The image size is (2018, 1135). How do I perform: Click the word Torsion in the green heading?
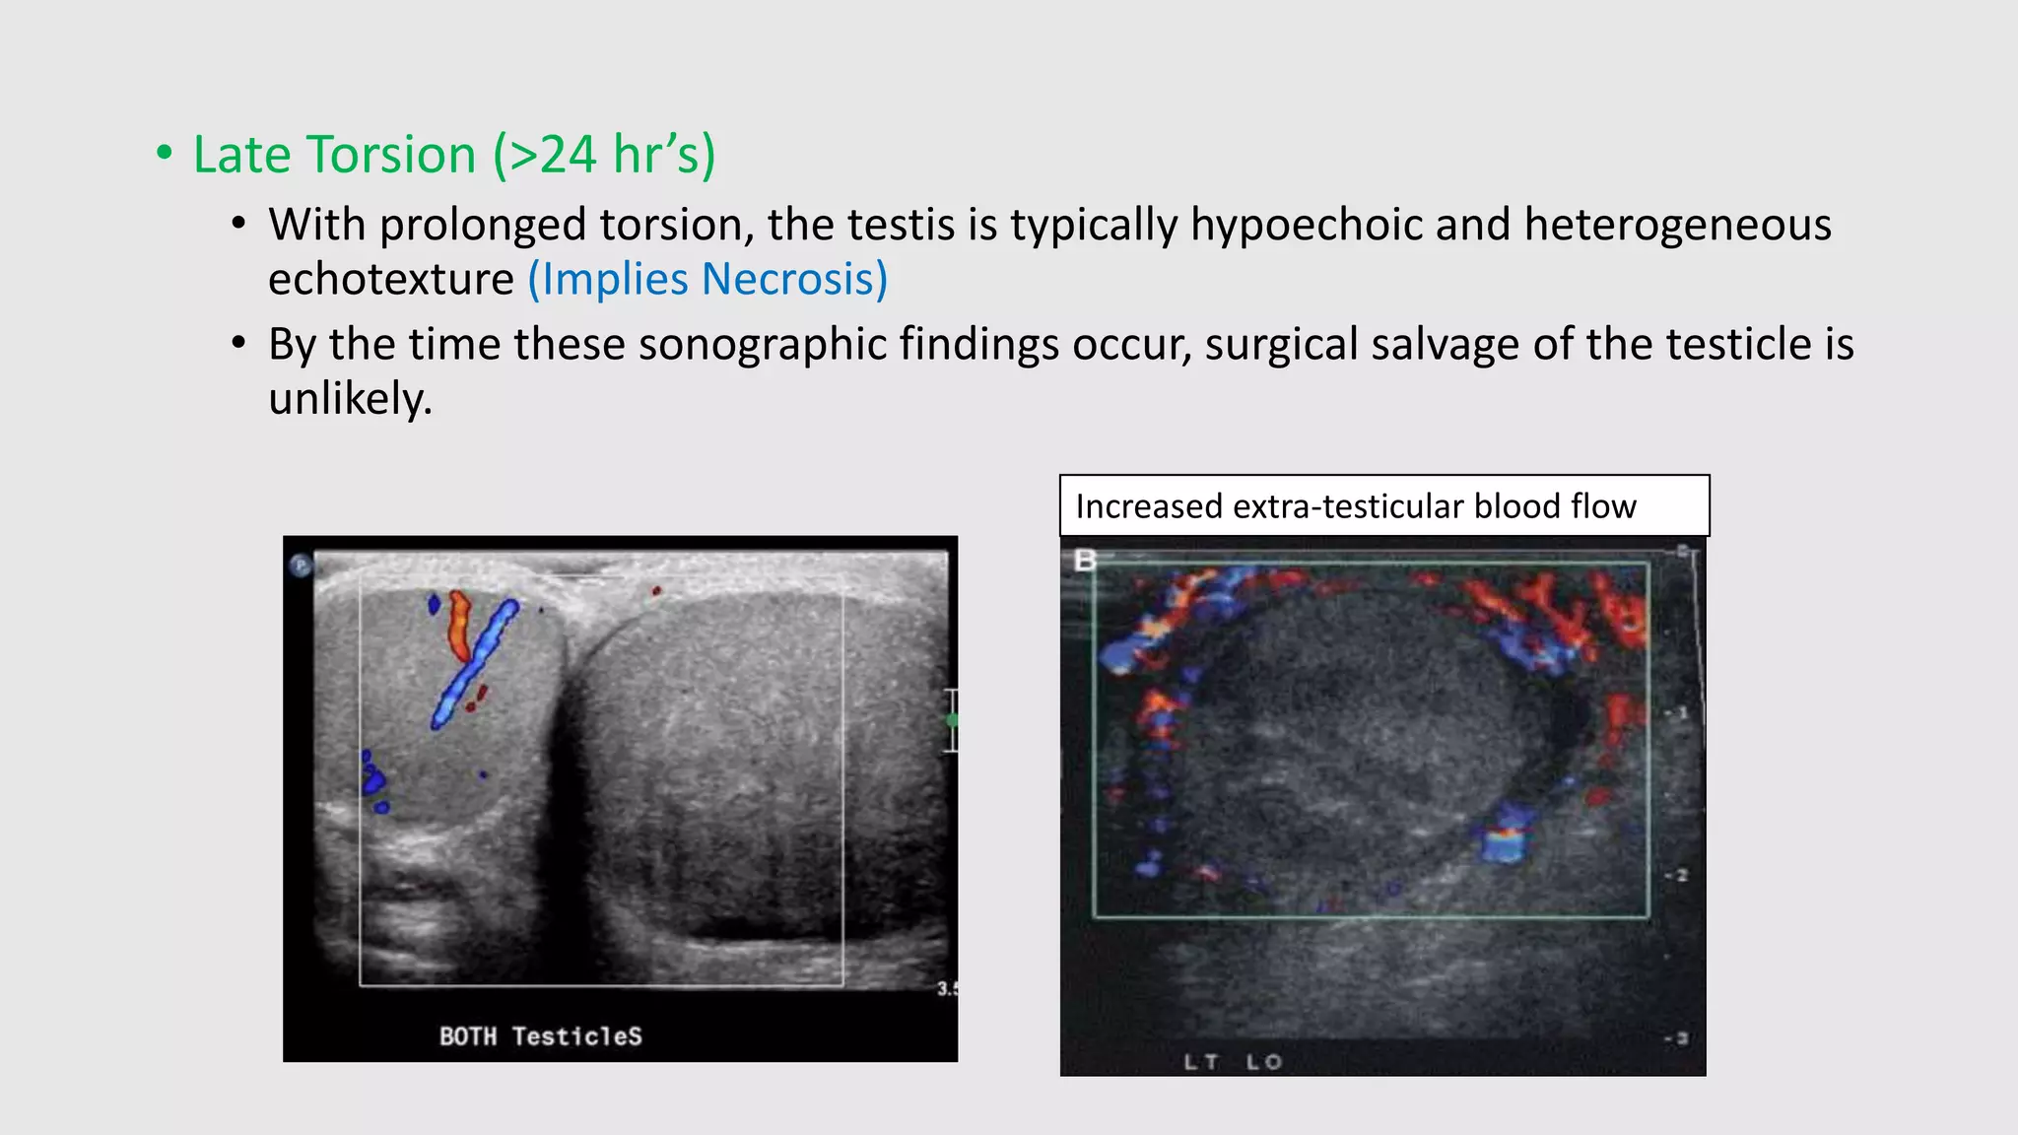point(391,155)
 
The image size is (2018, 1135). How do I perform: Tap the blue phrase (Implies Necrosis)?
point(707,279)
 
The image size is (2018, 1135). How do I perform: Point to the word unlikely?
point(350,399)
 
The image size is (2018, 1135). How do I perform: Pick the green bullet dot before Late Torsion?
point(165,154)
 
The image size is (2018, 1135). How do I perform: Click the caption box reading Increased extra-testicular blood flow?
point(1383,505)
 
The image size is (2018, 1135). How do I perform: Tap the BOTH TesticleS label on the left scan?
point(540,1035)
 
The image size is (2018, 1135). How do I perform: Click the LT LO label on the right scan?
point(1232,1061)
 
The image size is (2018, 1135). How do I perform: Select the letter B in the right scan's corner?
point(1084,561)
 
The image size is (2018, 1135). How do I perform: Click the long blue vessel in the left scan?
point(474,664)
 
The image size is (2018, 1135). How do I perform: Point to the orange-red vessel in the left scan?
point(459,625)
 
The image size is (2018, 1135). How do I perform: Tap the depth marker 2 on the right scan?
point(1680,875)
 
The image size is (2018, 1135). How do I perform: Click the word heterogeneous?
point(1677,225)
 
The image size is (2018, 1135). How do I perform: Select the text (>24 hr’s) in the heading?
point(604,155)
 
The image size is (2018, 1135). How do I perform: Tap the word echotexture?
point(390,279)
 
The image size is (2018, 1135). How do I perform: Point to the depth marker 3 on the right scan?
point(1681,1037)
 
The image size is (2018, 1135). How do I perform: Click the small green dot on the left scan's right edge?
point(952,720)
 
